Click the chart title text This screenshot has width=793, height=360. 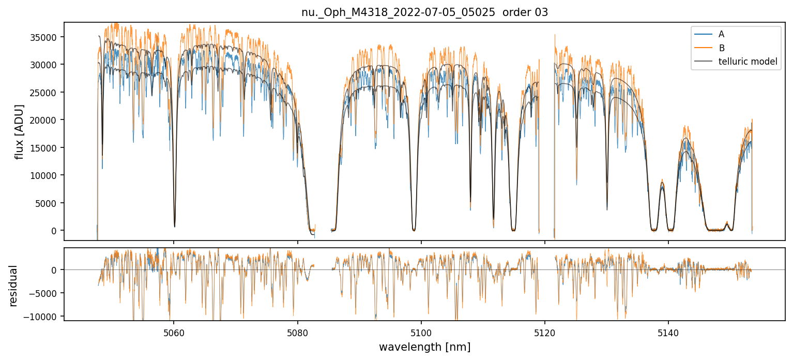424,12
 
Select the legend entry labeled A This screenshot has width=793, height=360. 721,35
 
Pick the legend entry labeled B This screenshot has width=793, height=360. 721,48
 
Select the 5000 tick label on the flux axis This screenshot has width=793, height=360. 49,203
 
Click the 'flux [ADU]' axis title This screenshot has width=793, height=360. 20,131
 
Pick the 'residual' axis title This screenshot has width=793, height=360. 13,286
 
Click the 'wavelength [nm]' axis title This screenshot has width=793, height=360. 424,347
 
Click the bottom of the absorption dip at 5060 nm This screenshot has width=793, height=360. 174,226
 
